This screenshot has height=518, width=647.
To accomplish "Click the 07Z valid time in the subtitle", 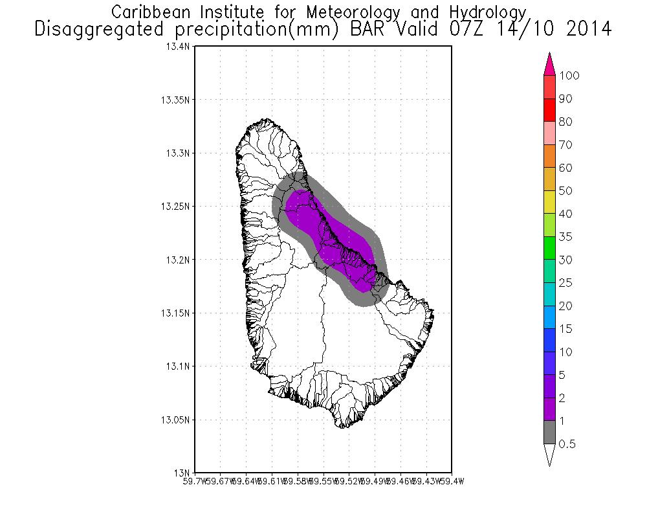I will (x=473, y=29).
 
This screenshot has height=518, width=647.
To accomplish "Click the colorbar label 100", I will (x=569, y=76).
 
